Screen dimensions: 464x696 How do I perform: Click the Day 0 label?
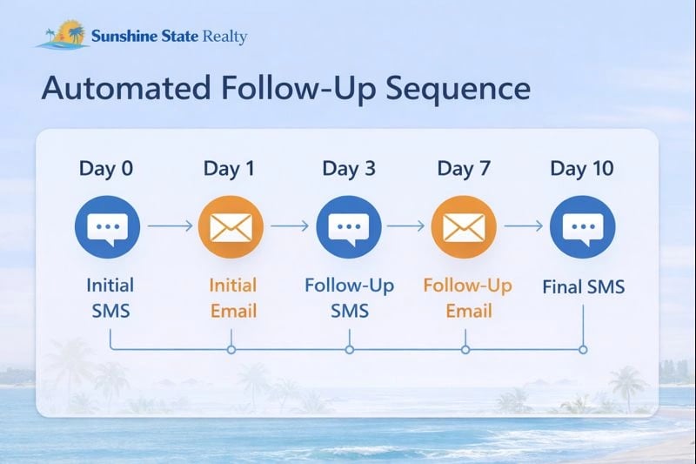[106, 168]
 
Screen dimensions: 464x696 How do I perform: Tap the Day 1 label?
[229, 168]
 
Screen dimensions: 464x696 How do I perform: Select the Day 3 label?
[348, 168]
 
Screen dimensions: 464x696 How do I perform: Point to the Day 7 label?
[465, 168]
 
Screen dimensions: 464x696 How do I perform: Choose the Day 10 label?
[582, 168]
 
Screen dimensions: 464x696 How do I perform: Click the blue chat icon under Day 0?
[108, 228]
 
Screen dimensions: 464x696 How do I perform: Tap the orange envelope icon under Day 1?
[231, 228]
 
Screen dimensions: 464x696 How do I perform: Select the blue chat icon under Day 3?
[348, 228]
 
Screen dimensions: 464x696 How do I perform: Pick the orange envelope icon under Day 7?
[465, 228]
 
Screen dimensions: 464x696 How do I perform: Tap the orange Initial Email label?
[233, 297]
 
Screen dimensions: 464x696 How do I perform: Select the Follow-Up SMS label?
[348, 297]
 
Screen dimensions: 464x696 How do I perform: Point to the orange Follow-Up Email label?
[467, 297]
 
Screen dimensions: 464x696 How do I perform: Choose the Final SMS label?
[583, 286]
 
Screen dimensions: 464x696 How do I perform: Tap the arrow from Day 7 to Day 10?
[524, 226]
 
